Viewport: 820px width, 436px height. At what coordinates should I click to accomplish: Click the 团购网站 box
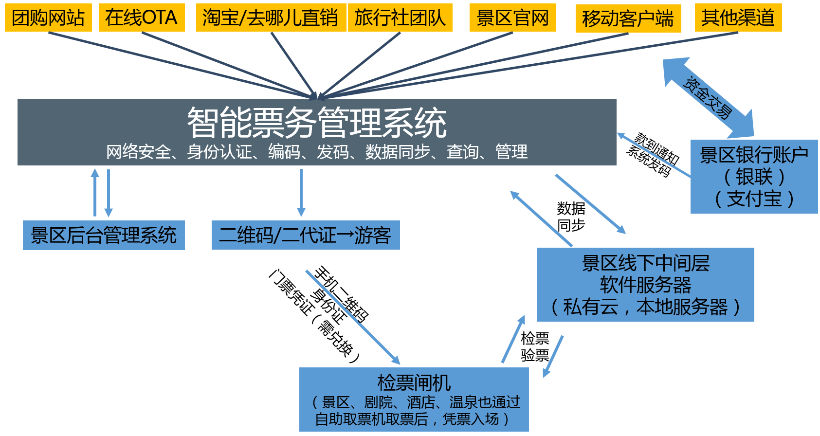48,18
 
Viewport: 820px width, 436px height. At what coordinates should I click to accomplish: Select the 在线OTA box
142,18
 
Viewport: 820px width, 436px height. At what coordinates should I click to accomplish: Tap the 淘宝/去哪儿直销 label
271,18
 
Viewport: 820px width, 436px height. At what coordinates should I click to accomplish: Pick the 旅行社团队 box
400,18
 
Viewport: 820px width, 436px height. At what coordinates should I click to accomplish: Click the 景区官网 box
512,18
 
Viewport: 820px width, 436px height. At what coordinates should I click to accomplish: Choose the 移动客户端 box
628,18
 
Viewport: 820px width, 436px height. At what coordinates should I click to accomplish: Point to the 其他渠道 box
738,18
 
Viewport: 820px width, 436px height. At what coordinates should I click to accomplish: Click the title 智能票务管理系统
317,123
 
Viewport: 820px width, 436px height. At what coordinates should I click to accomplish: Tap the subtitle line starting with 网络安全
317,152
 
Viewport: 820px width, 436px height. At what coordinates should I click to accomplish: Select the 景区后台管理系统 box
104,236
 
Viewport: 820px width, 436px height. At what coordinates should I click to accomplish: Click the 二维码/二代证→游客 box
305,236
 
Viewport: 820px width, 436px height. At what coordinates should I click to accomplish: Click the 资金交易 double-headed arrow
708,98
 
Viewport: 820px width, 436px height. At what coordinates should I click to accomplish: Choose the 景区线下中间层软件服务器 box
645,285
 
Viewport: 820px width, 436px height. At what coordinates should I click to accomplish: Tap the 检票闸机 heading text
414,382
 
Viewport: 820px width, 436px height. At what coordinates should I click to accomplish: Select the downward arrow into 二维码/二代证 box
301,193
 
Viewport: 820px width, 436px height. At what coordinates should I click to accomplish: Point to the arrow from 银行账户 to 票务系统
654,155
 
